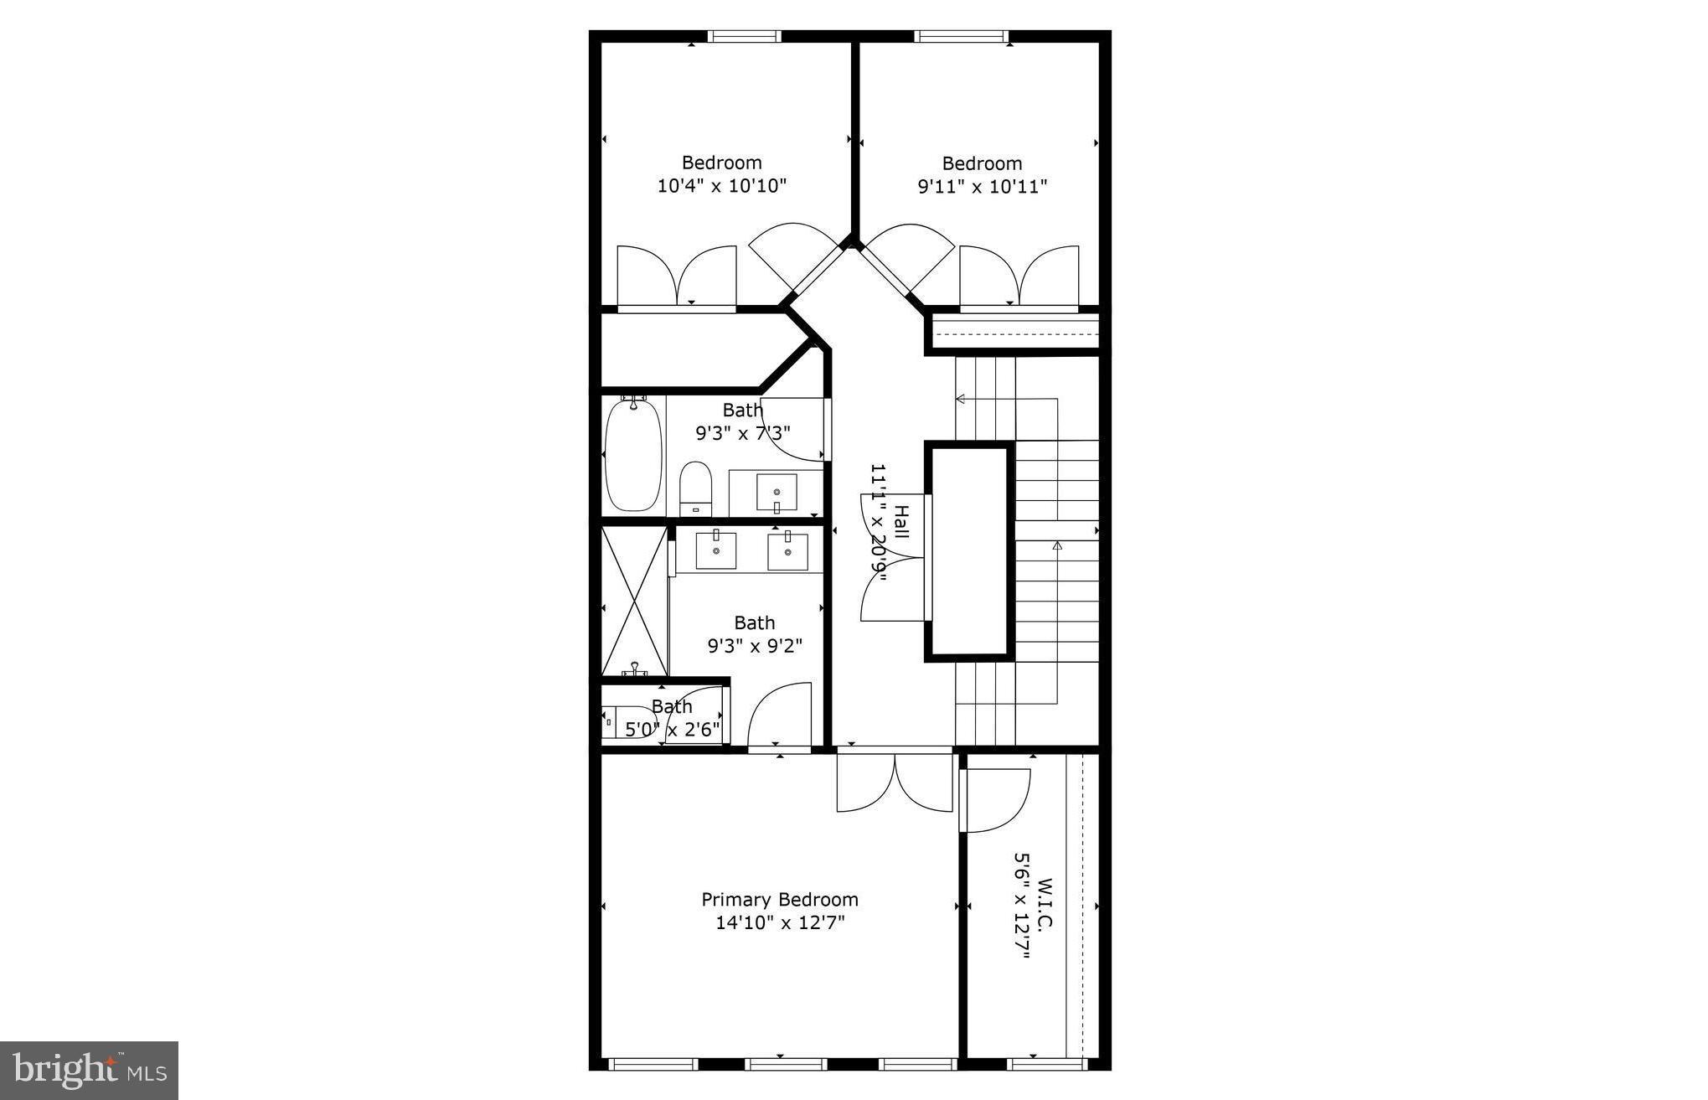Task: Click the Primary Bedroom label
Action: [x=779, y=900]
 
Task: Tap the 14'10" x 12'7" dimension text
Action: [x=779, y=923]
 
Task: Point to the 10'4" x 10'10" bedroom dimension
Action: [x=721, y=185]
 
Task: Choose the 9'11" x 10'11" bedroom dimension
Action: [x=982, y=186]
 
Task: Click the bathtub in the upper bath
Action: [x=633, y=456]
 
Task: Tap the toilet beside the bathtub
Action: [x=694, y=488]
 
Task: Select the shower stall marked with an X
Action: [x=634, y=601]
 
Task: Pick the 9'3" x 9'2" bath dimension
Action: [x=754, y=646]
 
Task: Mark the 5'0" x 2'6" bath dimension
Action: [x=673, y=729]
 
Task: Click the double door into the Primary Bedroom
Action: [x=895, y=782]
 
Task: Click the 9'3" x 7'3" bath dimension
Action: [x=742, y=433]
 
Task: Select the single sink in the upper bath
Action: [x=777, y=493]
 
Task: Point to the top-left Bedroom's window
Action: [x=744, y=36]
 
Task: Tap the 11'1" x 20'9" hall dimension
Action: [x=878, y=522]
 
